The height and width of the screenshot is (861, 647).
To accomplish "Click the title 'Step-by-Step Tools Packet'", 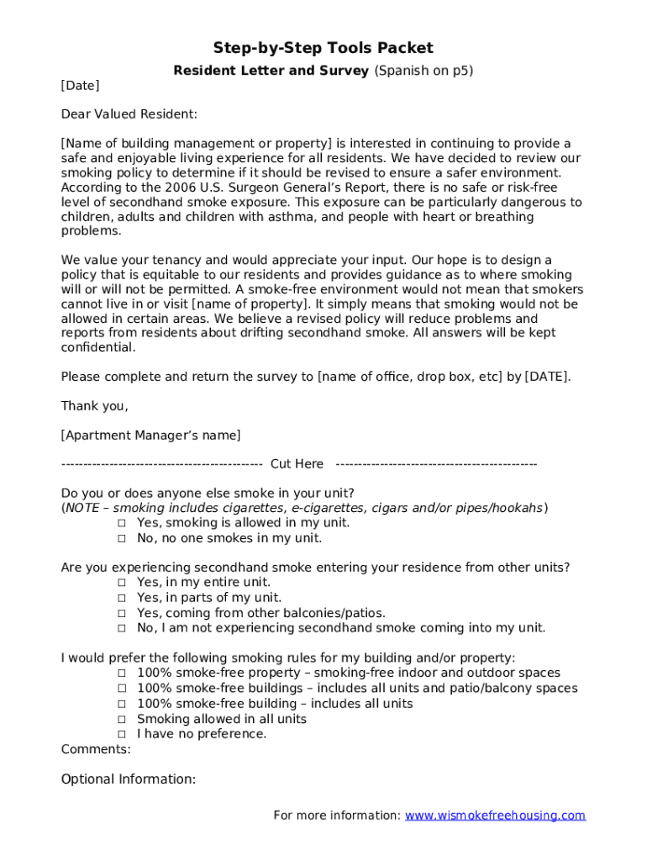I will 323,48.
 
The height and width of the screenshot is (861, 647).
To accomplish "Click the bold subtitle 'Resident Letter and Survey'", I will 271,71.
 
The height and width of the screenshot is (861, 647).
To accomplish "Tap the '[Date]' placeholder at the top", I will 80,86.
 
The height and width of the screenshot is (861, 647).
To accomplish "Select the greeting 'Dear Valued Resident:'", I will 129,114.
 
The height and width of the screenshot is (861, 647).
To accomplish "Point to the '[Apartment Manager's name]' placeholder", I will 150,435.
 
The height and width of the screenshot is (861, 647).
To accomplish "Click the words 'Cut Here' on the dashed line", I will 297,464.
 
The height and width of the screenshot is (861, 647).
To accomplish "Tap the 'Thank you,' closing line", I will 94,406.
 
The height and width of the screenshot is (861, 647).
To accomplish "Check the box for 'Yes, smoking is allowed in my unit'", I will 122,523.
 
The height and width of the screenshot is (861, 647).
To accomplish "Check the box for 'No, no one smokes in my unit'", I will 122,538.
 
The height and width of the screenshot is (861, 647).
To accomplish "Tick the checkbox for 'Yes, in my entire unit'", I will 122,583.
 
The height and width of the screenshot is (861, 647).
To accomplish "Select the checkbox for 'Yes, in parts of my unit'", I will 122,598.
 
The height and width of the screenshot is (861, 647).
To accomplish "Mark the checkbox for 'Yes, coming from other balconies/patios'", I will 122,614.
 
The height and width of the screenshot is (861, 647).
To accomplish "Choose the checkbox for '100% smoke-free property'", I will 122,673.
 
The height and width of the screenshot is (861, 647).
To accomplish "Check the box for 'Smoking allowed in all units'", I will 122,720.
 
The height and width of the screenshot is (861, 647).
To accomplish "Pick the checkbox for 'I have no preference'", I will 122,734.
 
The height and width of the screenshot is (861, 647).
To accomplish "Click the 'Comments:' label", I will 96,748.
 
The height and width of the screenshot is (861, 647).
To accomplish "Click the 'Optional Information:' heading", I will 128,779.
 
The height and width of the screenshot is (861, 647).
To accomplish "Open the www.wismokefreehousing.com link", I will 495,816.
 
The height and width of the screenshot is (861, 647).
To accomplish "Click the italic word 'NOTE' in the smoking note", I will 82,508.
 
